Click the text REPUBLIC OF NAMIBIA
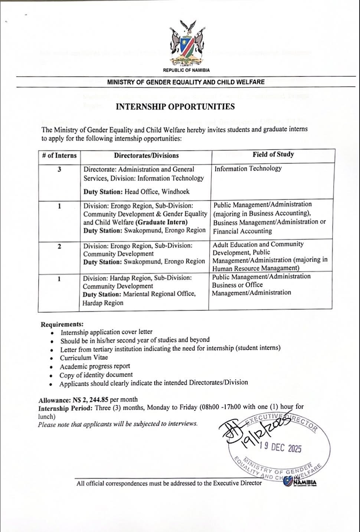186,70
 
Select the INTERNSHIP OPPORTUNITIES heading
175,107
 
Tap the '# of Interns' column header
59,156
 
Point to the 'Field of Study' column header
273,154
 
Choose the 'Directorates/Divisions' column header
146,156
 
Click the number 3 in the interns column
59,169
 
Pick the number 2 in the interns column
59,246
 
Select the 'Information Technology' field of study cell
248,169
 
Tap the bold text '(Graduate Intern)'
161,222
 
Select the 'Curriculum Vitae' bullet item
84,358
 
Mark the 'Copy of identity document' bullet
96,375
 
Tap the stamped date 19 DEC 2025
281,448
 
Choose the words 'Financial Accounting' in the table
242,231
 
